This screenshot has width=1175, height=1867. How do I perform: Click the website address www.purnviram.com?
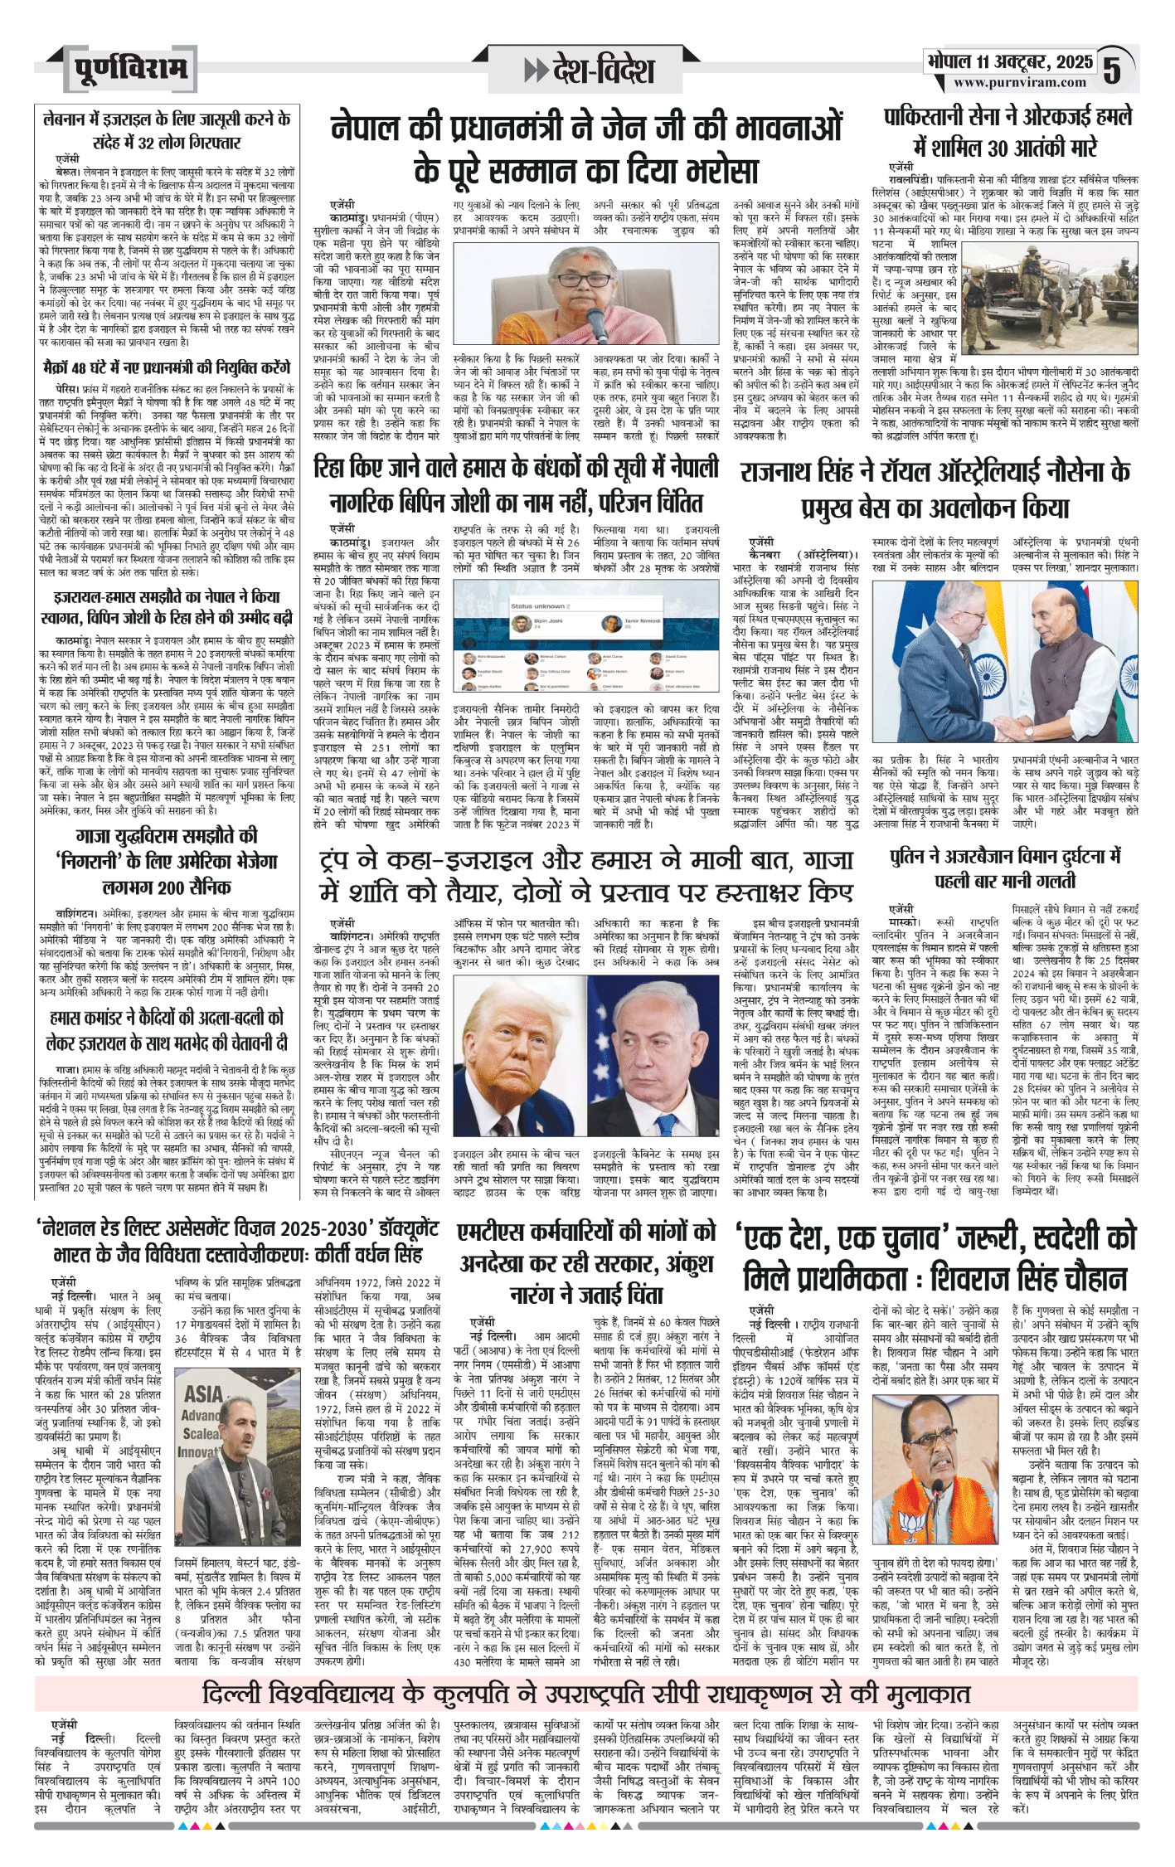point(1019,83)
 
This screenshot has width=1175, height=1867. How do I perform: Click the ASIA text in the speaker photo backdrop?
point(203,1393)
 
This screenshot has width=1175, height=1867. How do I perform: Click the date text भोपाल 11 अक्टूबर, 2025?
point(1010,61)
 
